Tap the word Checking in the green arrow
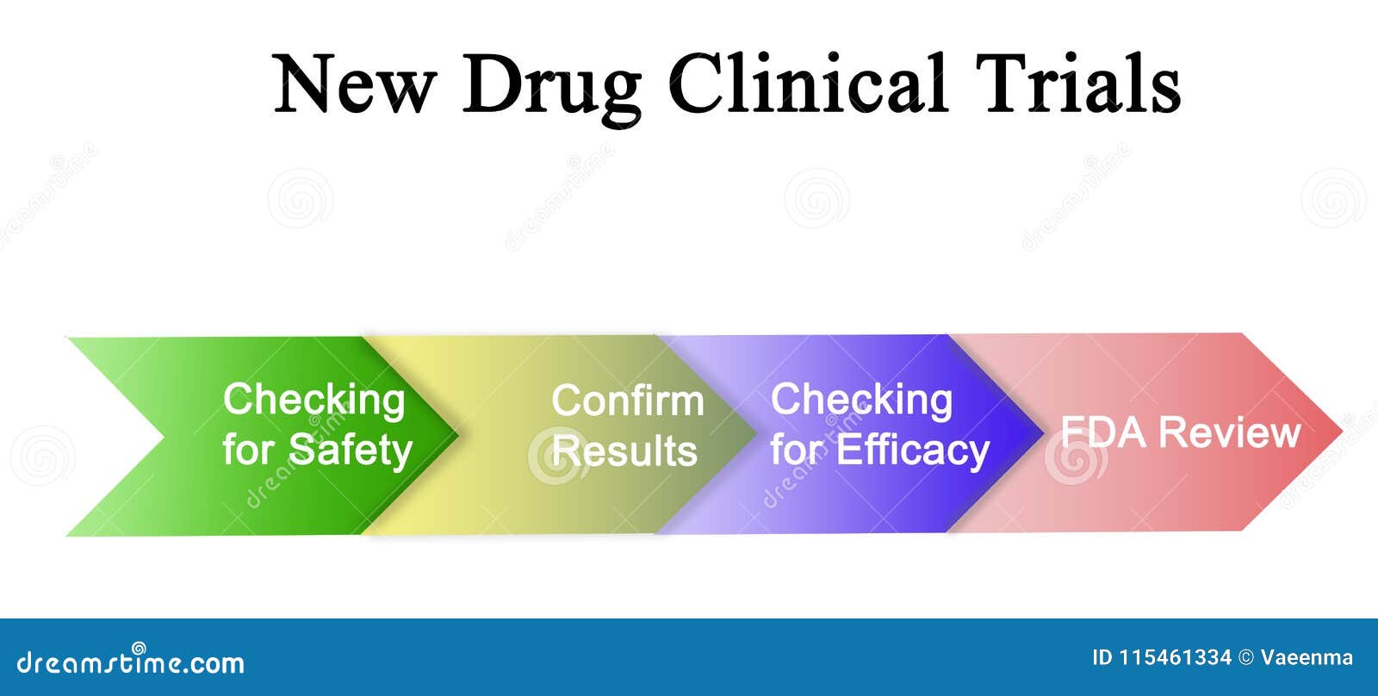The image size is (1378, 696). pyautogui.click(x=313, y=401)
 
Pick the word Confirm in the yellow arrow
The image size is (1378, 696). pyautogui.click(x=627, y=401)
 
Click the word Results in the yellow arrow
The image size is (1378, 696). pyautogui.click(x=624, y=451)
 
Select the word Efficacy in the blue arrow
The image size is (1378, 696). pyautogui.click(x=913, y=451)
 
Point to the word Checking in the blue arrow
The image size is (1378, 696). pyautogui.click(x=861, y=401)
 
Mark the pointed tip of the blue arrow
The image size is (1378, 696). pyautogui.click(x=1041, y=432)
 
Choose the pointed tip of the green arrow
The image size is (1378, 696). pyautogui.click(x=456, y=434)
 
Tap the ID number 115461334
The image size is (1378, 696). pyautogui.click(x=1175, y=658)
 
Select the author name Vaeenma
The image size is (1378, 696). pyautogui.click(x=1307, y=658)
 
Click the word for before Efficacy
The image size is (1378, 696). pyautogui.click(x=797, y=451)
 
